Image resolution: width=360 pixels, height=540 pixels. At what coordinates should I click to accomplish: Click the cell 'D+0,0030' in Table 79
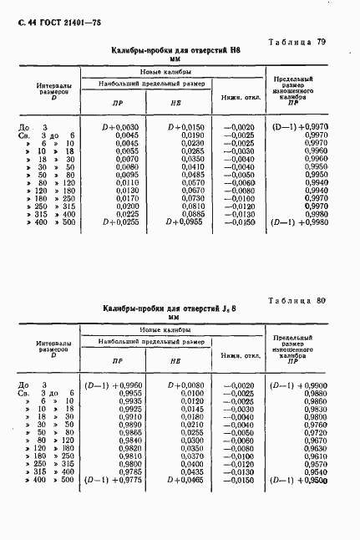tap(112, 127)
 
